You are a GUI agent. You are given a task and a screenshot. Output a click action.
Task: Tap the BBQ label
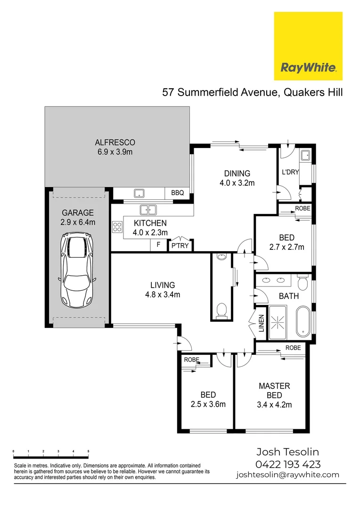(x=177, y=193)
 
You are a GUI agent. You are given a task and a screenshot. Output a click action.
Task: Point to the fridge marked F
(x=158, y=245)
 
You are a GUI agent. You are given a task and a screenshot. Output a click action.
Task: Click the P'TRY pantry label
(x=180, y=246)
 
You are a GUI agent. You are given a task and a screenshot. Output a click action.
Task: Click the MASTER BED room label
(x=274, y=390)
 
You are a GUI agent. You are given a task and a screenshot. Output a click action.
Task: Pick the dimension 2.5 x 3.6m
(x=208, y=404)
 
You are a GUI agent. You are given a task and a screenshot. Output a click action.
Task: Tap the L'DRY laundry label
(x=290, y=172)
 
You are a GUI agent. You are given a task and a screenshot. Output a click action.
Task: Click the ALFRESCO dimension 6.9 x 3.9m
(x=115, y=152)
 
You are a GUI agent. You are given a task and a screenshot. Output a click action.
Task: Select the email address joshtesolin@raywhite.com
(x=287, y=475)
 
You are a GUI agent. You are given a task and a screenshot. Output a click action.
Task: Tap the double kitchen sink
(x=148, y=209)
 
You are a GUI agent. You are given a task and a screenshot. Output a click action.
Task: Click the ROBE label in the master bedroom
(x=293, y=348)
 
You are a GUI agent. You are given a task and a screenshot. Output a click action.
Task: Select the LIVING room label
(x=163, y=285)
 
